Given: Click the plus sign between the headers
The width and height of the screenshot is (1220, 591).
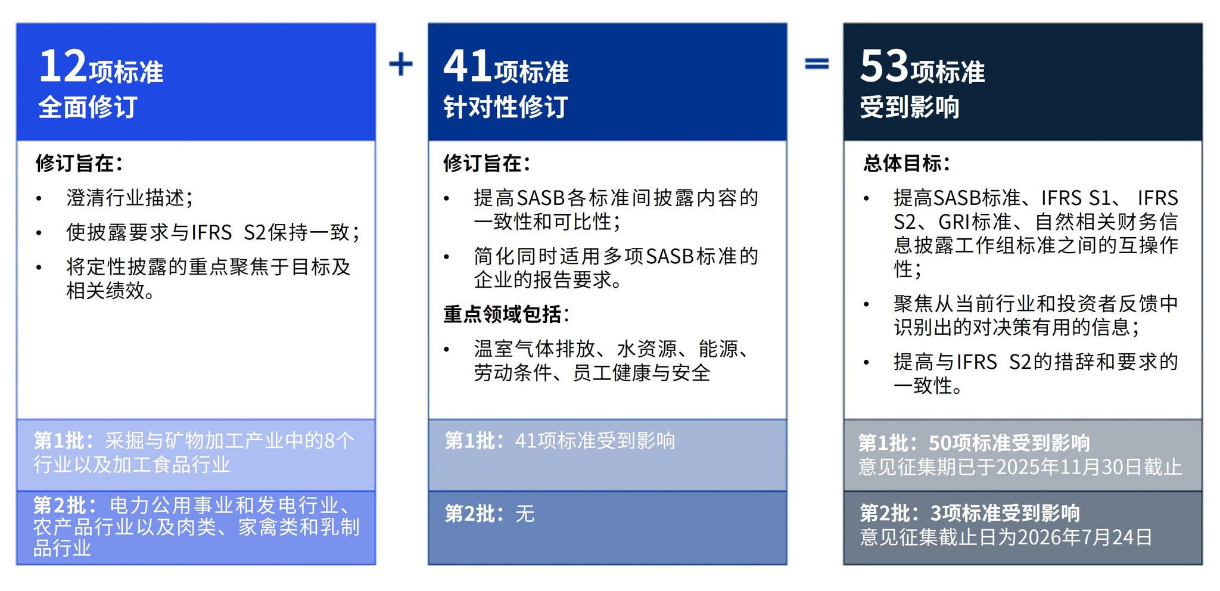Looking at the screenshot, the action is coord(401,64).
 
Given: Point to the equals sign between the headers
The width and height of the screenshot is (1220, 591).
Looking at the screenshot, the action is coord(817,63).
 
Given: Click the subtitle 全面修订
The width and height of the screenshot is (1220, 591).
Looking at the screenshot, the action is coord(88,107).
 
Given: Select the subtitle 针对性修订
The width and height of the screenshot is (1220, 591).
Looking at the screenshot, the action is coord(506,107).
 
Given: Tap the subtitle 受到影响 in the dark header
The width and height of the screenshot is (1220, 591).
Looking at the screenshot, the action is coord(910,107).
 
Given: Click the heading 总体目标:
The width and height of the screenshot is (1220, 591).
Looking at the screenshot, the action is coord(907,163).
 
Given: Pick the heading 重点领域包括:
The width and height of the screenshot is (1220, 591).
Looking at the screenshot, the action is coord(506,314).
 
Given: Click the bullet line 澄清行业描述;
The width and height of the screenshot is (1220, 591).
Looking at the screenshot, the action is coord(130,198).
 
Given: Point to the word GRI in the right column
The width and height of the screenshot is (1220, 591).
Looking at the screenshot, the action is coord(954,222).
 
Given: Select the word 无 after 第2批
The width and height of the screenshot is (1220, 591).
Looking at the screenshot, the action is coord(525,514).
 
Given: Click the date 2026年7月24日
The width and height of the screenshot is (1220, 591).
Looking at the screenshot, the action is coord(1085,537).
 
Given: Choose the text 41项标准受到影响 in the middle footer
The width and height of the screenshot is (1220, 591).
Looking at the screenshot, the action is coord(595,441).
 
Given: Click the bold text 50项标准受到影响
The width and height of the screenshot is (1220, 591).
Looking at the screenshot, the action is coord(1009,443).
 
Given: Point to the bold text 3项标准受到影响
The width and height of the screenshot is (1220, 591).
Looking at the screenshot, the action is coord(1005,513).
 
